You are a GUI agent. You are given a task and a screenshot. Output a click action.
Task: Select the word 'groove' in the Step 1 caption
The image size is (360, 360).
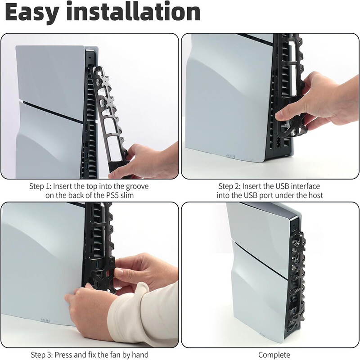(x=137, y=186)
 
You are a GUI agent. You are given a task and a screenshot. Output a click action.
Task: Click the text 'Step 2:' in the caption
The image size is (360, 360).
(x=229, y=186)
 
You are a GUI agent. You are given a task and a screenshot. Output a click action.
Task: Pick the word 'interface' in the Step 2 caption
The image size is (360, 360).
(x=306, y=186)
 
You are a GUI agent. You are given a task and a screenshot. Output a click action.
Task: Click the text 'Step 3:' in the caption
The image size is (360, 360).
(x=41, y=355)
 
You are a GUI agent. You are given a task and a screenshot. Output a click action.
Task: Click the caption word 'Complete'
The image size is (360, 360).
(x=274, y=355)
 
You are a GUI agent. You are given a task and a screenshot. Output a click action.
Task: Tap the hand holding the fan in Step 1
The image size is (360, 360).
(x=147, y=161)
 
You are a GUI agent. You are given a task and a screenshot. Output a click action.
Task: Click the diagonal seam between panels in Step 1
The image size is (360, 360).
(x=53, y=111)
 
